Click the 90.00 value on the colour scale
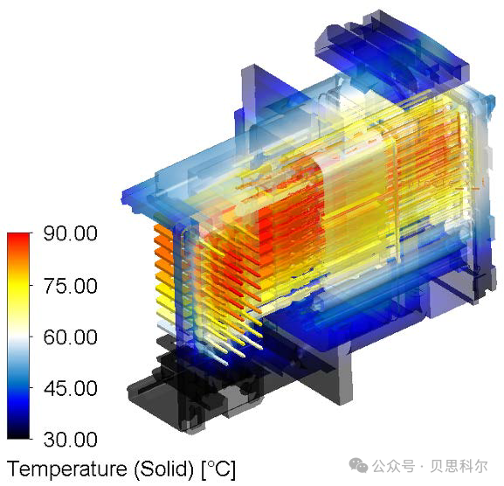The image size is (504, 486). tap(71, 233)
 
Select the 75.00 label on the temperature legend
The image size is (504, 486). tap(71, 286)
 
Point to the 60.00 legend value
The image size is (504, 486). tap(71, 337)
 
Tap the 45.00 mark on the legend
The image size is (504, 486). tap(71, 388)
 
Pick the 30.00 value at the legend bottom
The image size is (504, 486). tap(71, 439)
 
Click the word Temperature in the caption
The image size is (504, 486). tap(67, 469)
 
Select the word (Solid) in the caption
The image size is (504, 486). tap(164, 469)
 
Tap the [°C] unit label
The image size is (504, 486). tap(218, 469)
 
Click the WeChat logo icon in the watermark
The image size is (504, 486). tap(358, 465)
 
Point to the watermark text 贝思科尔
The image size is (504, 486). tap(459, 466)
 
